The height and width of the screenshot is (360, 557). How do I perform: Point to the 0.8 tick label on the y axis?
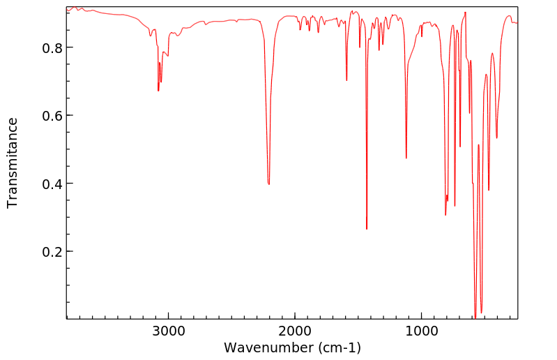tap(47, 47)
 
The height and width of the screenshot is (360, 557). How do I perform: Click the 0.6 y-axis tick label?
tap(47, 115)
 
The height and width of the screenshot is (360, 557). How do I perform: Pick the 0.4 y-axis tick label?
tap(47, 183)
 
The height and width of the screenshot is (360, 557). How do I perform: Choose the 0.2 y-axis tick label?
tap(47, 251)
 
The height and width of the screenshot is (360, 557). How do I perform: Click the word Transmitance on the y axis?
tap(13, 163)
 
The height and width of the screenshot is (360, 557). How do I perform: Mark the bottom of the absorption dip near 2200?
tap(269, 184)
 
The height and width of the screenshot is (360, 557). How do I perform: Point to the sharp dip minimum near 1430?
tap(367, 229)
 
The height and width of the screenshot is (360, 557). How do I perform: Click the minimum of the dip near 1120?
tap(406, 158)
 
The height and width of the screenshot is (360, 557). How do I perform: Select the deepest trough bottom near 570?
tap(475, 317)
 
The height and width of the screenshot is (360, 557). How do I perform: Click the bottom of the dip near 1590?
tap(346, 81)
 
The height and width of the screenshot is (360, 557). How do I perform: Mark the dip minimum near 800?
tap(445, 215)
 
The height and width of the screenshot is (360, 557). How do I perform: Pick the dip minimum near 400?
tap(496, 138)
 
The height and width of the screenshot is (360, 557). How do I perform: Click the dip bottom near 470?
tap(489, 190)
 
